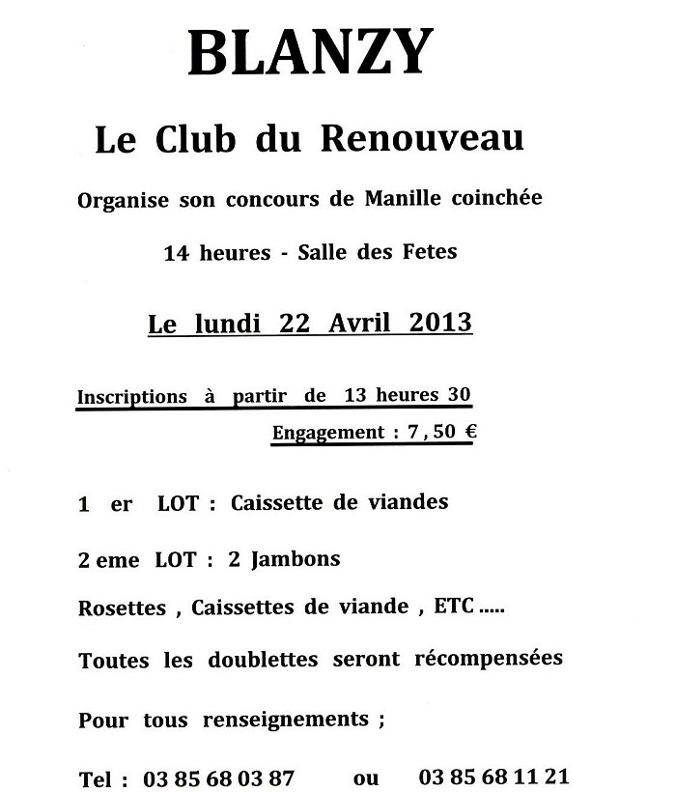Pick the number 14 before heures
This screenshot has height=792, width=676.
pyautogui.click(x=175, y=254)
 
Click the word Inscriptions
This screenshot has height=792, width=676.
pyautogui.click(x=132, y=397)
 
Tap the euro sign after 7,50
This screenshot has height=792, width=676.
pyautogui.click(x=470, y=432)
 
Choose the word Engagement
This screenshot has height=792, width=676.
pyautogui.click(x=328, y=434)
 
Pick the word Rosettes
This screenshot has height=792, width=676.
pyautogui.click(x=123, y=608)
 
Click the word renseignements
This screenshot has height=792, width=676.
pyautogui.click(x=286, y=720)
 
